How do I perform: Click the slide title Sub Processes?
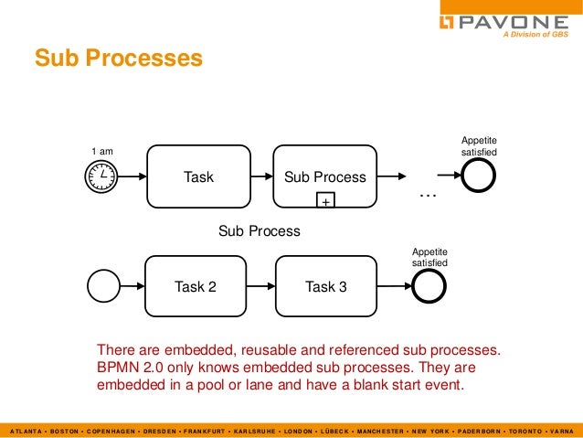coord(118,59)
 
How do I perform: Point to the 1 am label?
coord(102,150)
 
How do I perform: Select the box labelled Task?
coord(198,176)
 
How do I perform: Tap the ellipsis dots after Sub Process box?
coord(427,195)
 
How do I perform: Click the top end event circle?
coord(478,175)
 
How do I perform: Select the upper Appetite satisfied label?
coord(479,144)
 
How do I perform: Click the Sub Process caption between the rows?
coord(259,231)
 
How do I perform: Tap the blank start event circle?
coord(102,286)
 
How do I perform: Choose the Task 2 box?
coord(196,286)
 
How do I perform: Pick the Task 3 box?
coord(325,286)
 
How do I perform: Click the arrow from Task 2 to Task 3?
coord(262,286)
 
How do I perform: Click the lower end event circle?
coord(429,286)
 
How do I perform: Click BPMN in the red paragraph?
coord(119,368)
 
